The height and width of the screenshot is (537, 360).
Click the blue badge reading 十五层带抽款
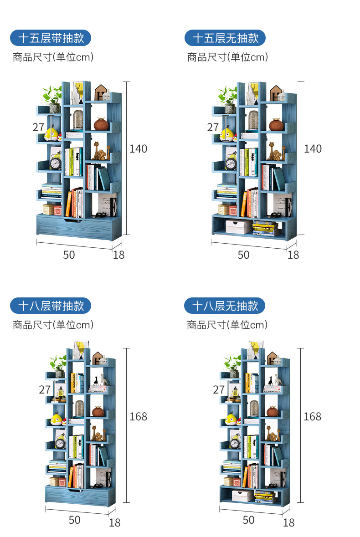[51, 38]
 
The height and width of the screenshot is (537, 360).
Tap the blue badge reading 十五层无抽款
[225, 38]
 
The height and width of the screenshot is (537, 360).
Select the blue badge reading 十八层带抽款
[51, 306]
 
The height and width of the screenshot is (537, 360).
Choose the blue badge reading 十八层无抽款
[225, 306]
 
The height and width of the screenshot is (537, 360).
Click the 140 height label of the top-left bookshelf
[138, 148]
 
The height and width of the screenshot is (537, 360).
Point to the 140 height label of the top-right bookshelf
[313, 148]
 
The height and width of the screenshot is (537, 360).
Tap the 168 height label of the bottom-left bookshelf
[138, 416]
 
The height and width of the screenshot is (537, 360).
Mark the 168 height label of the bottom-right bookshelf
[312, 416]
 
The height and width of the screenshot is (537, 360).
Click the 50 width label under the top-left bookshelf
[69, 255]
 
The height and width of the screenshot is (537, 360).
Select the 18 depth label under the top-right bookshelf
[293, 255]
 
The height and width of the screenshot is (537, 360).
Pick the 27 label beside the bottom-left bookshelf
[45, 390]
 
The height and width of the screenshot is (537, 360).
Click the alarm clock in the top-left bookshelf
[56, 163]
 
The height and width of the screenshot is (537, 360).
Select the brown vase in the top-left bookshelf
[101, 124]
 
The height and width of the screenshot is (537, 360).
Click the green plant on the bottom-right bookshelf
[231, 364]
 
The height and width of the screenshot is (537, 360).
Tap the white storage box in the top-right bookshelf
[238, 227]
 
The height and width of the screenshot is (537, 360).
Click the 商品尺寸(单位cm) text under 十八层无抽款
[227, 325]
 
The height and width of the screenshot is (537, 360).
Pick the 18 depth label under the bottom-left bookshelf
[114, 522]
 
